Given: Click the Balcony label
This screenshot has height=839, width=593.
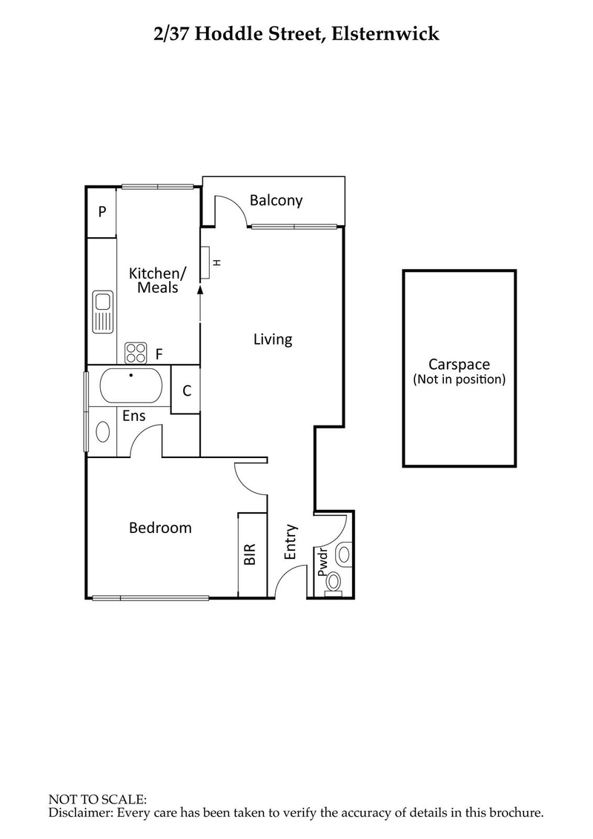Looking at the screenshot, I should point(276,200).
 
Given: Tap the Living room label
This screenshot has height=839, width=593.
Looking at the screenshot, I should point(273,339).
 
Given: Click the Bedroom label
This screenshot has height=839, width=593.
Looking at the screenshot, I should point(160,528).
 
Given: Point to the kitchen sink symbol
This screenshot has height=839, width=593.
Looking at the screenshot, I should point(102,312).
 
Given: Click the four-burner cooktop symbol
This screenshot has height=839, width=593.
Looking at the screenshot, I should point(135,353).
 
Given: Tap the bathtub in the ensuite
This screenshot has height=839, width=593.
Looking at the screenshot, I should point(130,385).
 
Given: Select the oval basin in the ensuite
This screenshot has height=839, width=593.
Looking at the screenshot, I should point(103,432).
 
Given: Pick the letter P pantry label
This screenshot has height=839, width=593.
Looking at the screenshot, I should point(102,212).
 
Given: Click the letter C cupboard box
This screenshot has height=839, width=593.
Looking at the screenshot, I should point(187,391).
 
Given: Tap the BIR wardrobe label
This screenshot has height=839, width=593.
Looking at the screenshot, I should point(250,554).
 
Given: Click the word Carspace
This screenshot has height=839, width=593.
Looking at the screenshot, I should point(459,364).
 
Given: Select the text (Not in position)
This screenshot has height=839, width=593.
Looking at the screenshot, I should point(459,379).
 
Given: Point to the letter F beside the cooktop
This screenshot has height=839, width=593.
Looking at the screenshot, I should point(159,353).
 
